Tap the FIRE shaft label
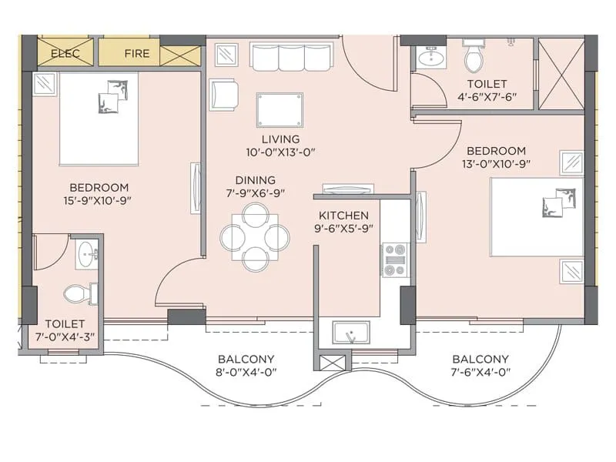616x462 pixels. click(x=137, y=54)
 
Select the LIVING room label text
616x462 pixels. click(x=280, y=139)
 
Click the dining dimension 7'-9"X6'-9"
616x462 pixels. click(x=255, y=193)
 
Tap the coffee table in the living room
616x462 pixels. click(x=280, y=109)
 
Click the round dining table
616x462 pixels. click(x=255, y=237)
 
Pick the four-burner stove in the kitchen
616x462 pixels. click(x=395, y=259)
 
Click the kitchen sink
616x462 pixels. click(x=350, y=333)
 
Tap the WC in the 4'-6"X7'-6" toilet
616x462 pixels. click(x=474, y=57)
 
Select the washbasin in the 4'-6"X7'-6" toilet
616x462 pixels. click(x=429, y=57)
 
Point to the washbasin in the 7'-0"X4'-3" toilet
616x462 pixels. click(x=87, y=253)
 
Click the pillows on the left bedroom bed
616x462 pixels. click(x=109, y=99)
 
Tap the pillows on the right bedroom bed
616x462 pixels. click(x=557, y=203)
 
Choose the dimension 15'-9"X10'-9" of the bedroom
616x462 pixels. click(x=99, y=200)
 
